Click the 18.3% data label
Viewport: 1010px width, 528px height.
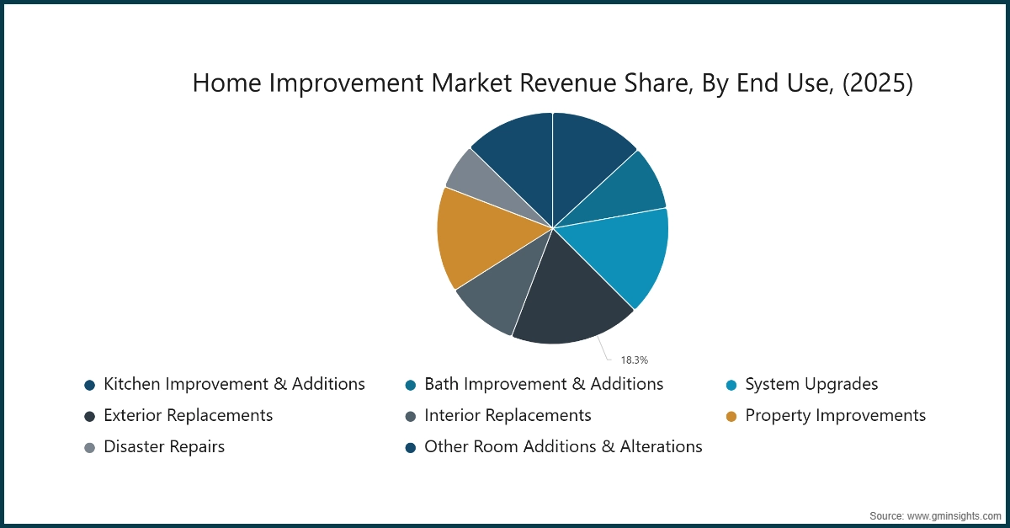click(635, 360)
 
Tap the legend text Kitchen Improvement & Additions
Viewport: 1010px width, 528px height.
click(234, 384)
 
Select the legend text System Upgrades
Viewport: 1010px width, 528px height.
click(811, 384)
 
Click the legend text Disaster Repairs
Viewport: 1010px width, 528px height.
click(164, 446)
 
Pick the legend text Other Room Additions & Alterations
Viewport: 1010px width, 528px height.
click(563, 446)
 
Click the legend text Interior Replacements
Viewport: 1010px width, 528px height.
click(508, 415)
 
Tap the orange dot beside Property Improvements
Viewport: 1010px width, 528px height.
click(731, 416)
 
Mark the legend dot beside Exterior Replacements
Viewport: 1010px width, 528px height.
click(89, 416)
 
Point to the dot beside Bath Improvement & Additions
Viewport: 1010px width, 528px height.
click(410, 385)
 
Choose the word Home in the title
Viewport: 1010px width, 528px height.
click(222, 83)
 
